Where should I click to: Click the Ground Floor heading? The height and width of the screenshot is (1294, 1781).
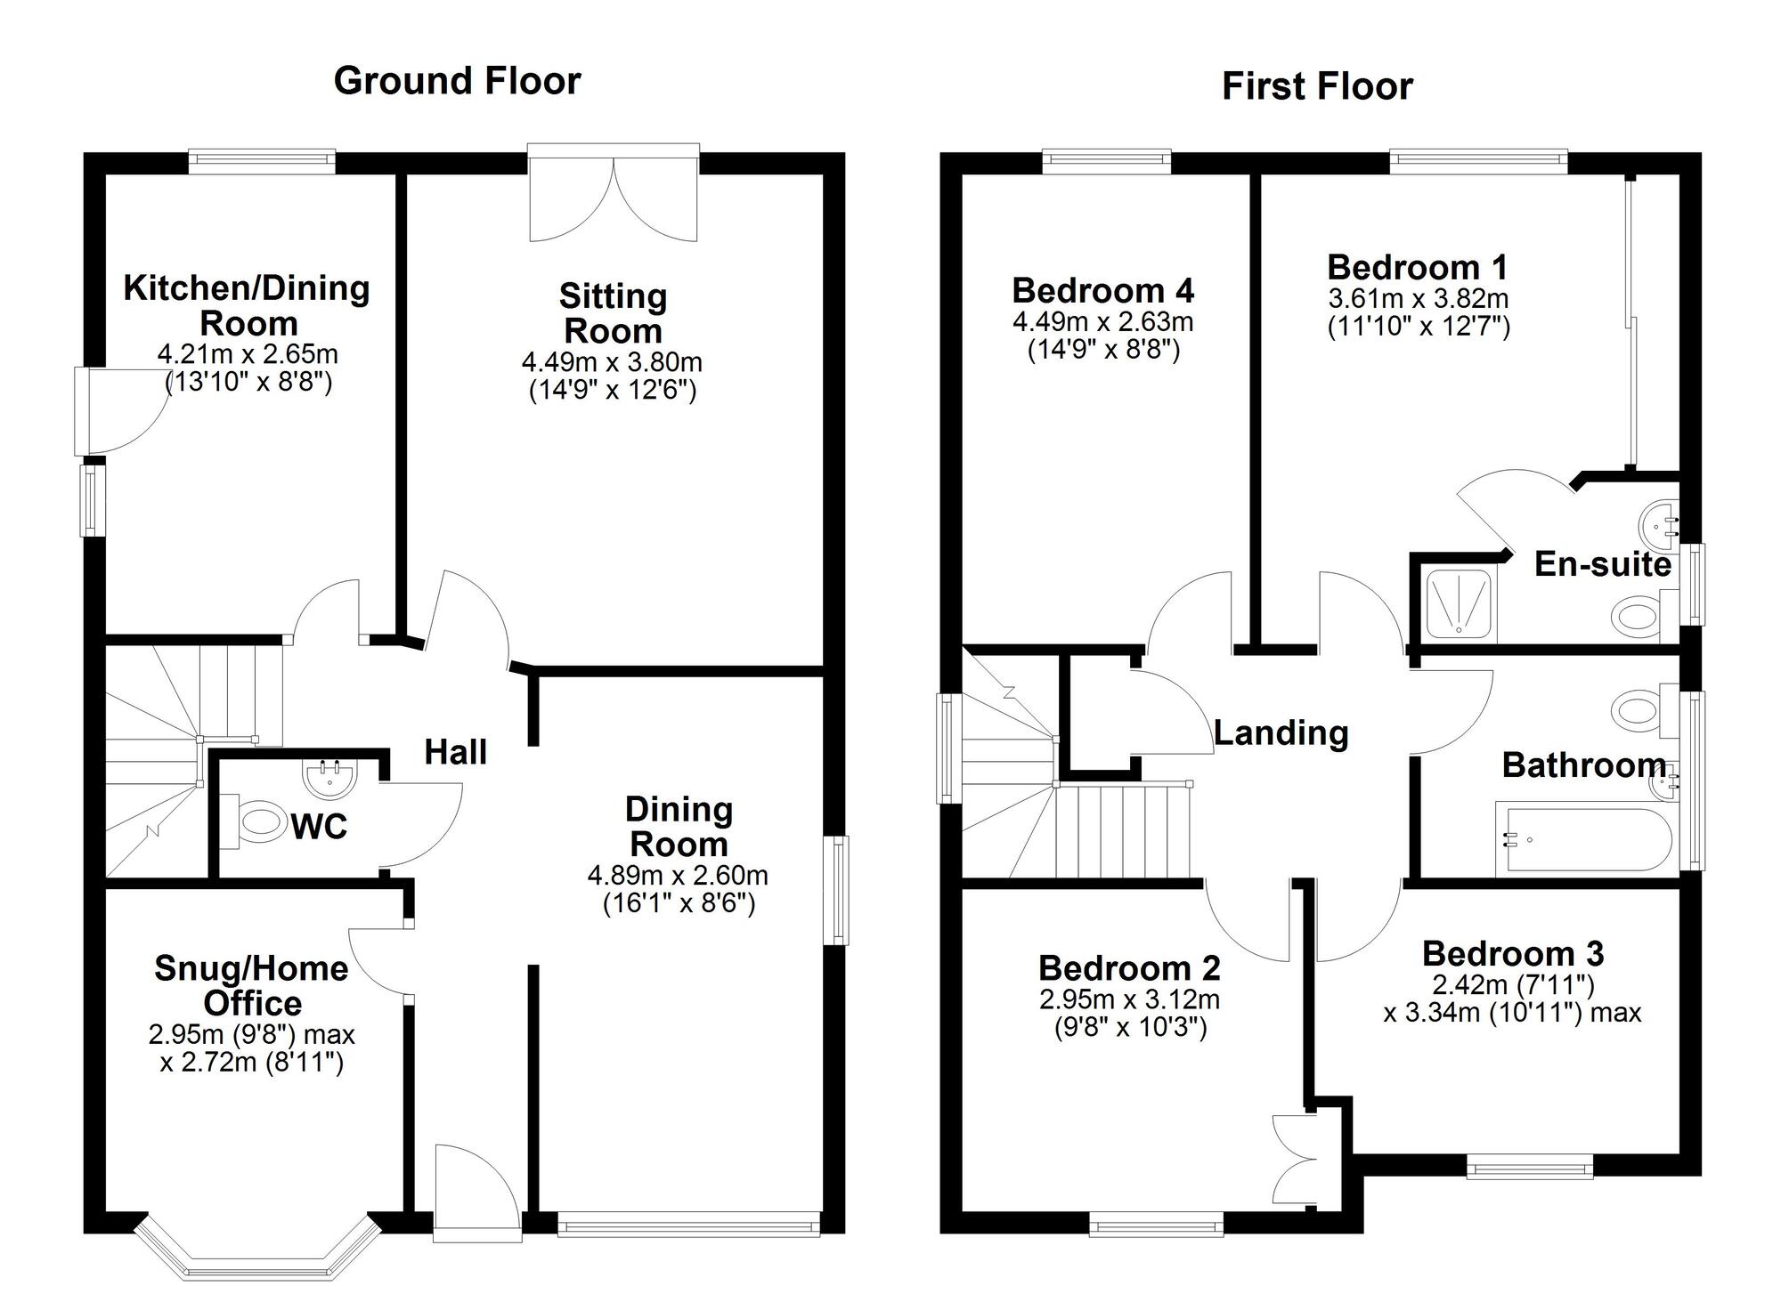tap(457, 81)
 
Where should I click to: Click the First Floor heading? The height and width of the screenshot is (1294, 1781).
tap(1316, 87)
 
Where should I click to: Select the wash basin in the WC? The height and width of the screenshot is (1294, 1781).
tap(329, 778)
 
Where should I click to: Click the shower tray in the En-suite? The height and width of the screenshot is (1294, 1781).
tap(1458, 603)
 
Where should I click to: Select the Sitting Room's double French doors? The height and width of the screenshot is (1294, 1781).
tap(613, 196)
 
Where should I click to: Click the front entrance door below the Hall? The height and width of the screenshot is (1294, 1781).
tap(476, 1197)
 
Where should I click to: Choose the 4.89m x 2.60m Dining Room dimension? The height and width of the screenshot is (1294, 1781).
tap(678, 876)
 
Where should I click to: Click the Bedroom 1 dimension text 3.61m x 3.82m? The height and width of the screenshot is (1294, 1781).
tap(1418, 298)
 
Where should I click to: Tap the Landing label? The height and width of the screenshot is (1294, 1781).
tap(1281, 733)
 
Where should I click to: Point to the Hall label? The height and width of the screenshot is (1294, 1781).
tap(455, 753)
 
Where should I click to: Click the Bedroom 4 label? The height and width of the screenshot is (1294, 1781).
tap(1102, 291)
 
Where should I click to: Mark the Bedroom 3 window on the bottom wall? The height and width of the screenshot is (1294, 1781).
tap(1529, 1167)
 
